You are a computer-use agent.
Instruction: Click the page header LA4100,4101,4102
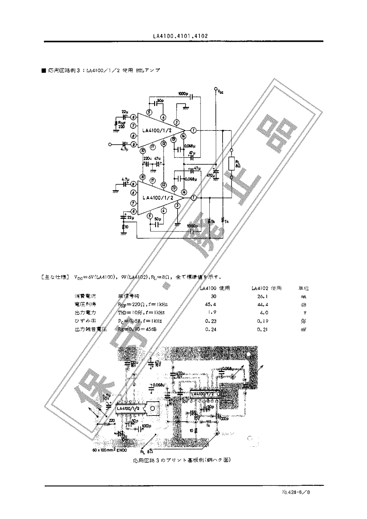(x=180, y=36)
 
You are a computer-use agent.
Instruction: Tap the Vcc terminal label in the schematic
(x=220, y=92)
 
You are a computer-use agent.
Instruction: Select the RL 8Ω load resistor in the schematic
(x=231, y=164)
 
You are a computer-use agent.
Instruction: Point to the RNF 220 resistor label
(x=121, y=125)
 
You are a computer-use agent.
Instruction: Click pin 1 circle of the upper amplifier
(x=193, y=130)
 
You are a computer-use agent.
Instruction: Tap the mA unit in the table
(x=303, y=296)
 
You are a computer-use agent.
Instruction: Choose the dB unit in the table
(x=303, y=305)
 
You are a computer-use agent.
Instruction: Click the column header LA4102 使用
(x=266, y=288)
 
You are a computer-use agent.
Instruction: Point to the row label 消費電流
(x=85, y=296)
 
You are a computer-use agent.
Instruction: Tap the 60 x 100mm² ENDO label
(x=110, y=451)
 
